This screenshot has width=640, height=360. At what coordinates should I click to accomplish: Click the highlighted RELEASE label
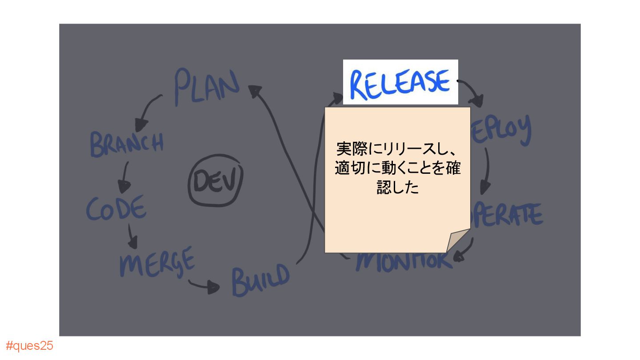(400, 83)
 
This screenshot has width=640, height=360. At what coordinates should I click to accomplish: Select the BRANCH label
(127, 143)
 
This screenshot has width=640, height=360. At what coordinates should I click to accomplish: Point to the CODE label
(116, 208)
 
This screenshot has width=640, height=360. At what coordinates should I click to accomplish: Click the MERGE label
(157, 262)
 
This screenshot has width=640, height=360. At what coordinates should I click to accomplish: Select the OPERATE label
(509, 214)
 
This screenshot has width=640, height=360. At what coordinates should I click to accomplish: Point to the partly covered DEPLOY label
(502, 130)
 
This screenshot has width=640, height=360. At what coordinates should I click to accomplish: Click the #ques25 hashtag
(29, 346)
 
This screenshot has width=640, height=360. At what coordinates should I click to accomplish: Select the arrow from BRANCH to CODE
(124, 176)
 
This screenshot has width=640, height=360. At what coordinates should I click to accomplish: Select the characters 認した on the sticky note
(398, 188)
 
